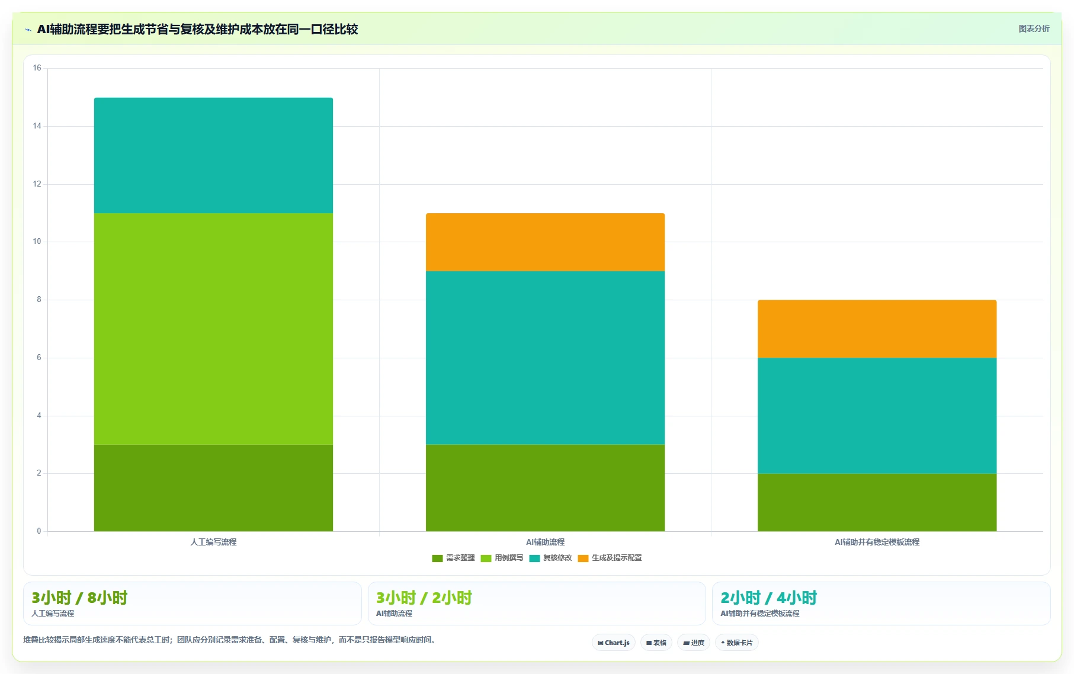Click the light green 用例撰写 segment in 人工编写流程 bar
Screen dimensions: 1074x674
pyautogui.click(x=213, y=329)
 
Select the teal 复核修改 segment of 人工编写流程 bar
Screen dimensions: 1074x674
pyautogui.click(x=213, y=155)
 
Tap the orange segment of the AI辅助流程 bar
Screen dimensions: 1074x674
pyautogui.click(x=545, y=242)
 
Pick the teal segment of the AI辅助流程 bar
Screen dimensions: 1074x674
pyautogui.click(x=545, y=358)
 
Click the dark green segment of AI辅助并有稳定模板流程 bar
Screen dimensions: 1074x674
pyautogui.click(x=877, y=502)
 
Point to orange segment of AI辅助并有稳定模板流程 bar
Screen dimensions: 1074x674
pyautogui.click(x=877, y=329)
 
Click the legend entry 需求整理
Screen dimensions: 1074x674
pyautogui.click(x=453, y=558)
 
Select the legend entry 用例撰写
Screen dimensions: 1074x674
pyautogui.click(x=502, y=558)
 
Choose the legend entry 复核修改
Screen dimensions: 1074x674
pyautogui.click(x=550, y=558)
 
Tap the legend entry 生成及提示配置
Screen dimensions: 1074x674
pyautogui.click(x=610, y=558)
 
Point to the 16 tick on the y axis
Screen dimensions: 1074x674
pyautogui.click(x=37, y=68)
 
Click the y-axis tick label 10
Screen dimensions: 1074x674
pyautogui.click(x=37, y=242)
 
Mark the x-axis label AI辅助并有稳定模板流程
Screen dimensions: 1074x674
pyautogui.click(x=877, y=542)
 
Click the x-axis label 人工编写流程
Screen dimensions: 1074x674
pyautogui.click(x=213, y=542)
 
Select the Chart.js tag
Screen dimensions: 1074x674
pyautogui.click(x=614, y=643)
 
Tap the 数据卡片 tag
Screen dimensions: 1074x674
pyautogui.click(x=736, y=643)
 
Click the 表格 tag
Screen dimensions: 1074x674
pyautogui.click(x=656, y=643)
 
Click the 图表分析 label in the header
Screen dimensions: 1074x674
pyautogui.click(x=1034, y=28)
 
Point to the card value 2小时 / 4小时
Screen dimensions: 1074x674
pyautogui.click(x=768, y=598)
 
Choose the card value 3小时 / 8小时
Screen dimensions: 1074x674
pyautogui.click(x=79, y=598)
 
